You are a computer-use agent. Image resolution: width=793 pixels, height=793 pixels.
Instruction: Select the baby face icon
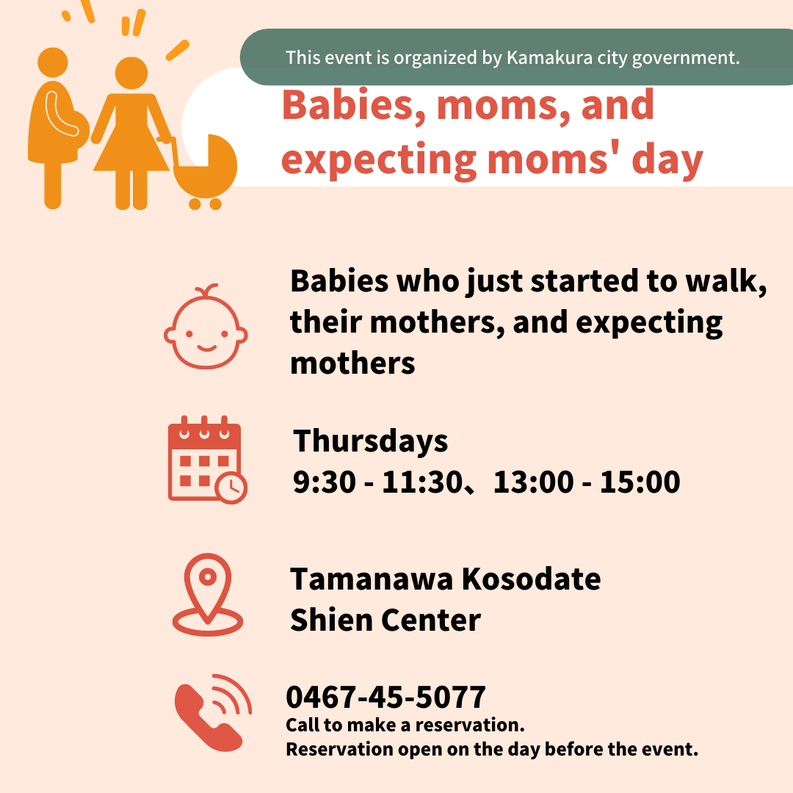pos(206,327)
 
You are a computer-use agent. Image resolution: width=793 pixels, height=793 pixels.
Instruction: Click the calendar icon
pos(207,460)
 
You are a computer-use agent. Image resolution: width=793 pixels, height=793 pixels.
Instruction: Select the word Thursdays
pos(370,441)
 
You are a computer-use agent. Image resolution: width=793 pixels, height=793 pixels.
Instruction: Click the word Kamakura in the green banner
pos(549,58)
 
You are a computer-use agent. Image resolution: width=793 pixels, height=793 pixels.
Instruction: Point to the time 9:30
pos(325,482)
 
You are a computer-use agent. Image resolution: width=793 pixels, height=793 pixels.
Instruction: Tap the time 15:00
pos(640,482)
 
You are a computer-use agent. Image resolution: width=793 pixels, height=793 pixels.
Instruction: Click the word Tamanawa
pos(372,579)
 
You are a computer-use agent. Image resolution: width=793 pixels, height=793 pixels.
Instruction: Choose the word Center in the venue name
pos(430,620)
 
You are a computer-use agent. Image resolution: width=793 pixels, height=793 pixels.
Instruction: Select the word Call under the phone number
pos(303,725)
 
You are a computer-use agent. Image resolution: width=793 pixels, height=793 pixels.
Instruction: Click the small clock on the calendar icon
pos(231,488)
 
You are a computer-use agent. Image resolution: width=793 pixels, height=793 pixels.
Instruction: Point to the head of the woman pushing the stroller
pos(131,73)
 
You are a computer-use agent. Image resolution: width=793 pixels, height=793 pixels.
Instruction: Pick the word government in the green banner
pos(686,59)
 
